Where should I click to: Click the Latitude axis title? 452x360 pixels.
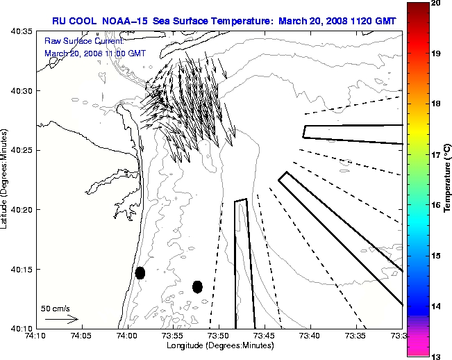(x=6, y=179)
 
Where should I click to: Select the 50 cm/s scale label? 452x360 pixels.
(x=56, y=308)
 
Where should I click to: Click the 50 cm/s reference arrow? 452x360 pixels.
(x=61, y=319)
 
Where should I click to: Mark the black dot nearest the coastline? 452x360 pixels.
(x=140, y=272)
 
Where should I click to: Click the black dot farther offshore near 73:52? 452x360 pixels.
(x=197, y=286)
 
